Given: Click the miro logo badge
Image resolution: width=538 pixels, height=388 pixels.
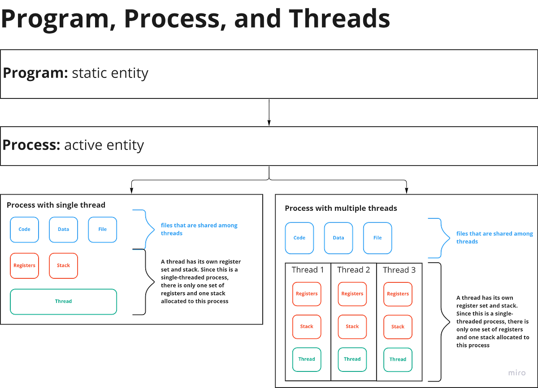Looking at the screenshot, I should tap(517, 373).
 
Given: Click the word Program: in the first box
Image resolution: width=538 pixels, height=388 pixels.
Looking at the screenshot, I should tap(35, 73).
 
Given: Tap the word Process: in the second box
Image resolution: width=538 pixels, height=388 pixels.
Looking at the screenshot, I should tap(31, 145).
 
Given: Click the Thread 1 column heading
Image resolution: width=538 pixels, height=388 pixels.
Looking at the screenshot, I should tap(308, 270).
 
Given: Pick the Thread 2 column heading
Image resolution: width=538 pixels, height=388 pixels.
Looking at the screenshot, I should tap(353, 270).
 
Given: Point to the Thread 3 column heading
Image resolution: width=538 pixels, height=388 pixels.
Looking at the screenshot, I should tap(399, 270).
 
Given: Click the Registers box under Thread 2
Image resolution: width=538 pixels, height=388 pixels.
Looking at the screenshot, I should tap(352, 294).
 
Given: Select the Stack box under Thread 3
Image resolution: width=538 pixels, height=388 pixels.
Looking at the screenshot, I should tap(398, 327).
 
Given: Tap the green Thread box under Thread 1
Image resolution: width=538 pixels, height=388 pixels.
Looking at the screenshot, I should tap(307, 359).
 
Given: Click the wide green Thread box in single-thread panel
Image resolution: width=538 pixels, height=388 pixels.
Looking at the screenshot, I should tap(64, 302).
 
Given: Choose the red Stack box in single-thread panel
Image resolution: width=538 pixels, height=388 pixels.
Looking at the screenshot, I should tap(63, 265).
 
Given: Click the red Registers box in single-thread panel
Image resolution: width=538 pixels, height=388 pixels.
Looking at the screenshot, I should tap(25, 265).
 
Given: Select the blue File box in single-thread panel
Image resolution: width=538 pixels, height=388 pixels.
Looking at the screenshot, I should tap(103, 229).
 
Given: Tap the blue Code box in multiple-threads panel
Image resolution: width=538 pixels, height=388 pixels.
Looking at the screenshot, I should tap(299, 238).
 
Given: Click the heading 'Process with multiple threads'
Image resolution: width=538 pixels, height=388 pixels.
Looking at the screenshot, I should tap(341, 209).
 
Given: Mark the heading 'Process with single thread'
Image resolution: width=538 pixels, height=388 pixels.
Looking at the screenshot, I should tap(56, 205).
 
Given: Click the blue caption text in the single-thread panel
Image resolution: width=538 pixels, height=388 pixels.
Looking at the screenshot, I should tap(199, 229).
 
